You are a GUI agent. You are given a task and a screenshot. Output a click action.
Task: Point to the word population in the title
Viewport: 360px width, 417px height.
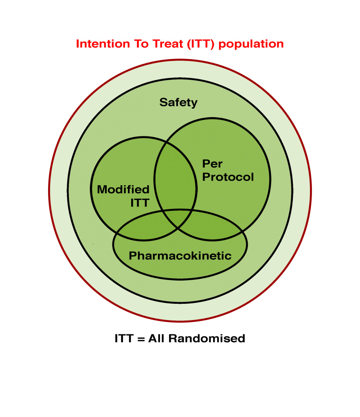coord(251,44)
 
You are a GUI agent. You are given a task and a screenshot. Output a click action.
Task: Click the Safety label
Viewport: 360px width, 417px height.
coord(178,102)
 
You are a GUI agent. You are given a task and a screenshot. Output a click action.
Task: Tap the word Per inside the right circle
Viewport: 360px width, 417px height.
coord(212,164)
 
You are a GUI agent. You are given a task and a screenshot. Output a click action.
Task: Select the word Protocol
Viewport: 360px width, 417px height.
coord(228,177)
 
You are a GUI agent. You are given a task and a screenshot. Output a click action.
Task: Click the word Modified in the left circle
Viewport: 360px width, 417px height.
coord(123,189)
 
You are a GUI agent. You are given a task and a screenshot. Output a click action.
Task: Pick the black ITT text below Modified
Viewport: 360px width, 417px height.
coord(140,203)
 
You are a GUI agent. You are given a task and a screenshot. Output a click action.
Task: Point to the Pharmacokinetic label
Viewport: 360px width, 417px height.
coord(180,256)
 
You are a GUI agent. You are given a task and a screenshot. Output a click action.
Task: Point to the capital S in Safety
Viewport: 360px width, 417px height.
coord(163,102)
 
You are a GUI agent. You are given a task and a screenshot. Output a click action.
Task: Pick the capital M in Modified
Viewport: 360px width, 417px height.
coord(102,189)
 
